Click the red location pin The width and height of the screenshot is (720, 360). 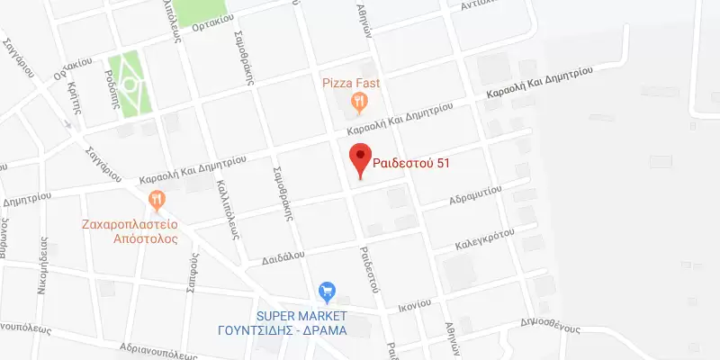pyautogui.click(x=360, y=159)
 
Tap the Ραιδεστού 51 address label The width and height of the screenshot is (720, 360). pyautogui.click(x=411, y=164)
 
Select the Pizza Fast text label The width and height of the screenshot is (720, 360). pyautogui.click(x=352, y=83)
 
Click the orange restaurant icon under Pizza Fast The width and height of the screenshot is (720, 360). pyautogui.click(x=359, y=102)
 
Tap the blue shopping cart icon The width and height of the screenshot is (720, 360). pyautogui.click(x=327, y=292)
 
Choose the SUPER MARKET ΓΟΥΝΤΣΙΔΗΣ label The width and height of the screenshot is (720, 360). pyautogui.click(x=313, y=322)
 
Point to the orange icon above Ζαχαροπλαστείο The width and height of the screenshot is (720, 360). pyautogui.click(x=157, y=197)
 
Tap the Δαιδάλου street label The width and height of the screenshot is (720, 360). pyautogui.click(x=284, y=256)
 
